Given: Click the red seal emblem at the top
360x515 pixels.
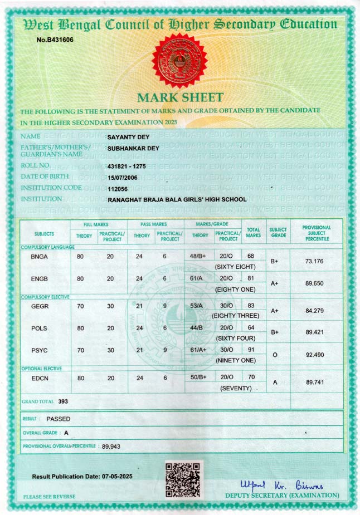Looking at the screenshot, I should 179,60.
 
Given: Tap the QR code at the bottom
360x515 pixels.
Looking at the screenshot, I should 183,479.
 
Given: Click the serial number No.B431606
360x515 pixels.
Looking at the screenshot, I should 55,40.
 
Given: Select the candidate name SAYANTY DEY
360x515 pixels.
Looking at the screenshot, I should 128,137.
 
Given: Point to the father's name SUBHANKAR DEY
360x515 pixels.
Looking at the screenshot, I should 133,148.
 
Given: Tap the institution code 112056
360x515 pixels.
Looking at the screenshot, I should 118,189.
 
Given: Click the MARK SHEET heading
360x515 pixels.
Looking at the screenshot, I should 180,98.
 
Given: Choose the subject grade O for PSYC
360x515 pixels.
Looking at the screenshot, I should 275,355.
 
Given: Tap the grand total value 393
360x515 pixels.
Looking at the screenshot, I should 63,401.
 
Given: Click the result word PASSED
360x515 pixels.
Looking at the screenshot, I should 59,418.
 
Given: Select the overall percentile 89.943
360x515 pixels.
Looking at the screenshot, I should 111,447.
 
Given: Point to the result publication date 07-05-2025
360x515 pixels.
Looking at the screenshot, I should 117,477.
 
